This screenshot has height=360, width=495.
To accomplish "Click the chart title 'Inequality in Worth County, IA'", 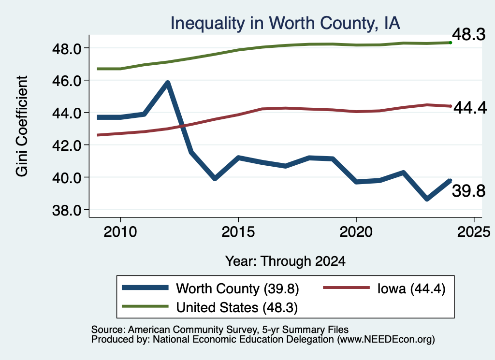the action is point(285,23).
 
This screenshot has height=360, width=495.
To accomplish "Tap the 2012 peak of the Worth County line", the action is point(168,83).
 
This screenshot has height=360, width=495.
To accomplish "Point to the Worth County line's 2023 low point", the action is point(427,199).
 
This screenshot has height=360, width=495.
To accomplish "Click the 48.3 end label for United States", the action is point(468,34).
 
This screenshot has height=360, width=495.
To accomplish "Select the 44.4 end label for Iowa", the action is point(470,108).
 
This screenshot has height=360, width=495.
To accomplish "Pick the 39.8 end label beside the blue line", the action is point(469,191).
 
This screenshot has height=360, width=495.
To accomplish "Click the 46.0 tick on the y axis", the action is point(67,81).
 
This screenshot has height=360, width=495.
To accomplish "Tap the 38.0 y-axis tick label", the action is point(67,210).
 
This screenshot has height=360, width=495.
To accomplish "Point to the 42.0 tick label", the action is point(67,145).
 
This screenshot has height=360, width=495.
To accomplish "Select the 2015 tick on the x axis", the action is point(238,232).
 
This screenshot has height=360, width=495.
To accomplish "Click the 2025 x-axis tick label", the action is point(474,232).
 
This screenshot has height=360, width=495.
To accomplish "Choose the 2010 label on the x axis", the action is point(120,232).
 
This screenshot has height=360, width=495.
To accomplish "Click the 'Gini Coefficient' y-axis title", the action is point(22,126).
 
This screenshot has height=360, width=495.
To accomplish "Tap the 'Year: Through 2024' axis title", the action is point(285,261).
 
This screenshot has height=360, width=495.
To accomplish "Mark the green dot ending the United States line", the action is point(451,43).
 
